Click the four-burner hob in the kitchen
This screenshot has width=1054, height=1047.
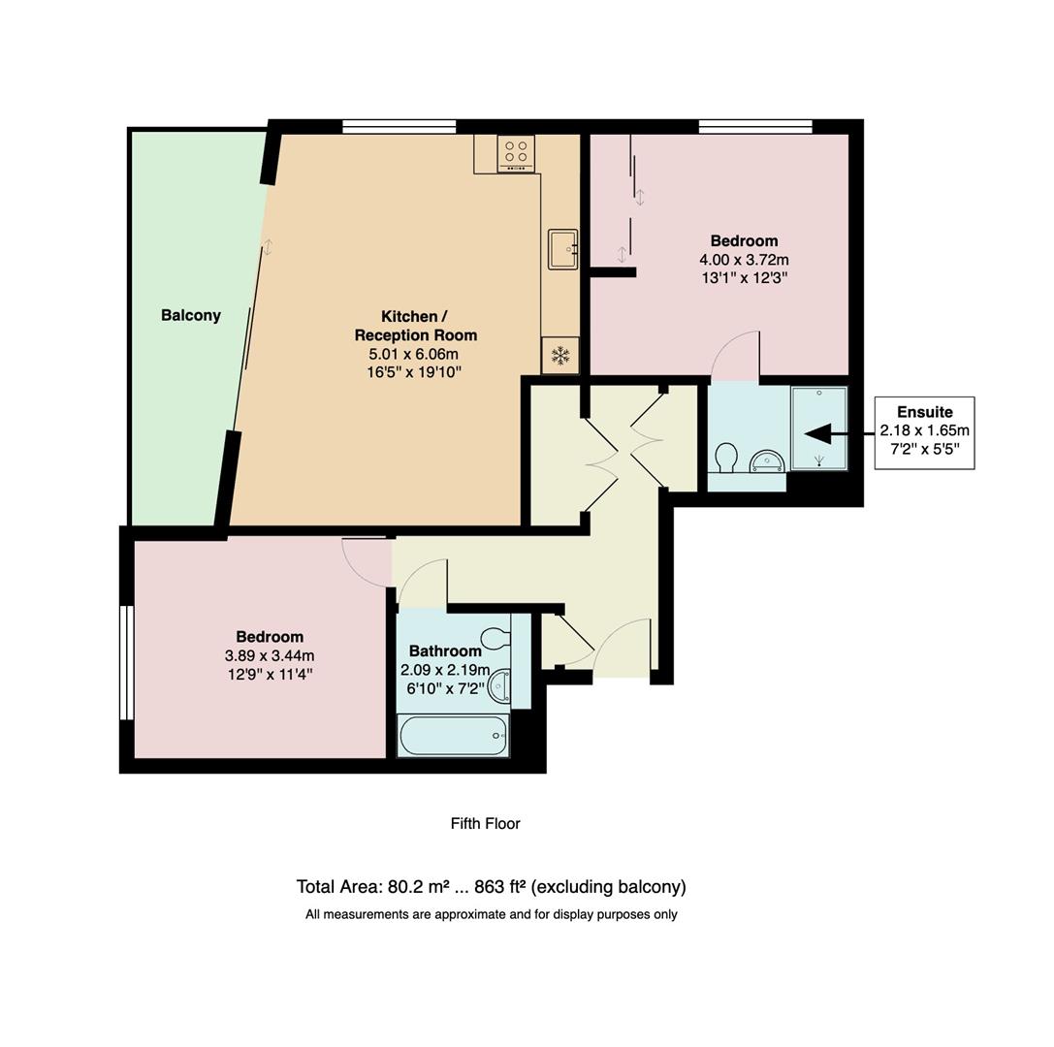[x=516, y=153]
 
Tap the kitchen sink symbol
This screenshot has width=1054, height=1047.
[x=562, y=248]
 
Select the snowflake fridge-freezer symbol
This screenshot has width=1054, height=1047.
[x=559, y=355]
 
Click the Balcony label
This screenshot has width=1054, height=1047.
[x=191, y=315]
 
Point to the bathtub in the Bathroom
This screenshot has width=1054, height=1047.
[x=453, y=736]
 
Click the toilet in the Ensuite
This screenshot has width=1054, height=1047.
[x=725, y=457]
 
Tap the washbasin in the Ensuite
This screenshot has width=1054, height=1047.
[x=766, y=460]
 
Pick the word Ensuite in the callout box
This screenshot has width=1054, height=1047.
[x=924, y=412]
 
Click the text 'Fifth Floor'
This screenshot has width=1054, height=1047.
[x=485, y=823]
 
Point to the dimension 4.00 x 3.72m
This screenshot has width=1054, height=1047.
[x=744, y=260]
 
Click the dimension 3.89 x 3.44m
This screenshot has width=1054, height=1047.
[x=269, y=655]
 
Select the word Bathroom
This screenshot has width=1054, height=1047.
[x=445, y=650]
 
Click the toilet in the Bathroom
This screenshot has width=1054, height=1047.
[x=495, y=638]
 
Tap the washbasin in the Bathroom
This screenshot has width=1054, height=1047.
[x=498, y=686]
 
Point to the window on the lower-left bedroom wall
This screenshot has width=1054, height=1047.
[x=126, y=663]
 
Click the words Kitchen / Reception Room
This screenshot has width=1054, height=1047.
[x=415, y=326]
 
